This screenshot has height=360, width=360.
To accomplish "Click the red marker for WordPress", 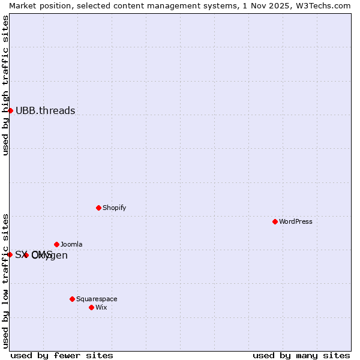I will pos(275,221).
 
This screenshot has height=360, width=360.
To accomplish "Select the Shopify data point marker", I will pos(99,208).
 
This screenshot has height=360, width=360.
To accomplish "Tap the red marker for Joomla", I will pos(57,244).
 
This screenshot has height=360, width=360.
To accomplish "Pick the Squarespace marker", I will pos(73,299).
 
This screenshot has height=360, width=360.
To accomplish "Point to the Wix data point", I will pos(92,307).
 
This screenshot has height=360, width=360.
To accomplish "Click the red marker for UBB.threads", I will pos(10,110).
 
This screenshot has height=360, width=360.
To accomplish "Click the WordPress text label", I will pos(296,221).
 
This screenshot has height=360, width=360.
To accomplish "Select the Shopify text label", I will pos(115,208).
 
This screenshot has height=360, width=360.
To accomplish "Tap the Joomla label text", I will pos(71,244).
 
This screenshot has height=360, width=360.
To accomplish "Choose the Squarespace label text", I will pos(97,299).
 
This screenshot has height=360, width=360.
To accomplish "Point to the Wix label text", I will pos(101,307).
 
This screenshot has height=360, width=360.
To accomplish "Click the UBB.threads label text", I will pos(46,110).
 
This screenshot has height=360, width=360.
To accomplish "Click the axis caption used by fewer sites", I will pos(62,355).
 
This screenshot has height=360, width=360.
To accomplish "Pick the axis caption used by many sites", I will pos(301,355).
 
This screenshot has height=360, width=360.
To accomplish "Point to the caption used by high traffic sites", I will pos(5,85).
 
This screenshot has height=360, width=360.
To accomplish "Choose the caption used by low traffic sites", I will pos(5,280).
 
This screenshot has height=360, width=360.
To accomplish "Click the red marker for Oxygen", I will pos(26,255).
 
